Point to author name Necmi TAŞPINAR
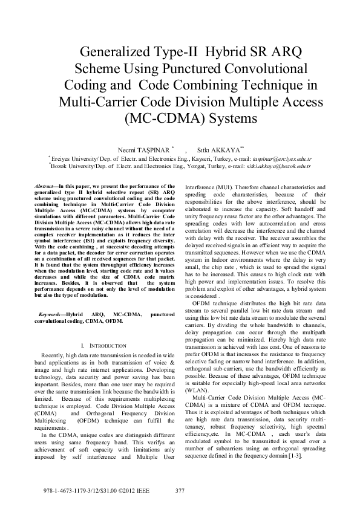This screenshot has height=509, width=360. point(143,148)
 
